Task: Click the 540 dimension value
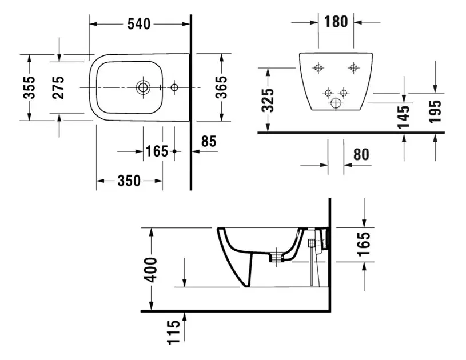[139, 24]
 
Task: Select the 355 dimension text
[30, 87]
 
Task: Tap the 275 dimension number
[58, 87]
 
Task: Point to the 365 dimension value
[221, 87]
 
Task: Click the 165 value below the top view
[157, 151]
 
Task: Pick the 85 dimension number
[209, 141]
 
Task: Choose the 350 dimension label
[129, 181]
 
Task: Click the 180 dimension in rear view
[336, 22]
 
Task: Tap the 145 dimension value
[404, 117]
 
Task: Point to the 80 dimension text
[361, 154]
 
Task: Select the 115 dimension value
[173, 331]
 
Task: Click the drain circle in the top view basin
[142, 87]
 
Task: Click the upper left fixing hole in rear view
[318, 68]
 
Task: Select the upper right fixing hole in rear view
[353, 68]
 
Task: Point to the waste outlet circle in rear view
[336, 105]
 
